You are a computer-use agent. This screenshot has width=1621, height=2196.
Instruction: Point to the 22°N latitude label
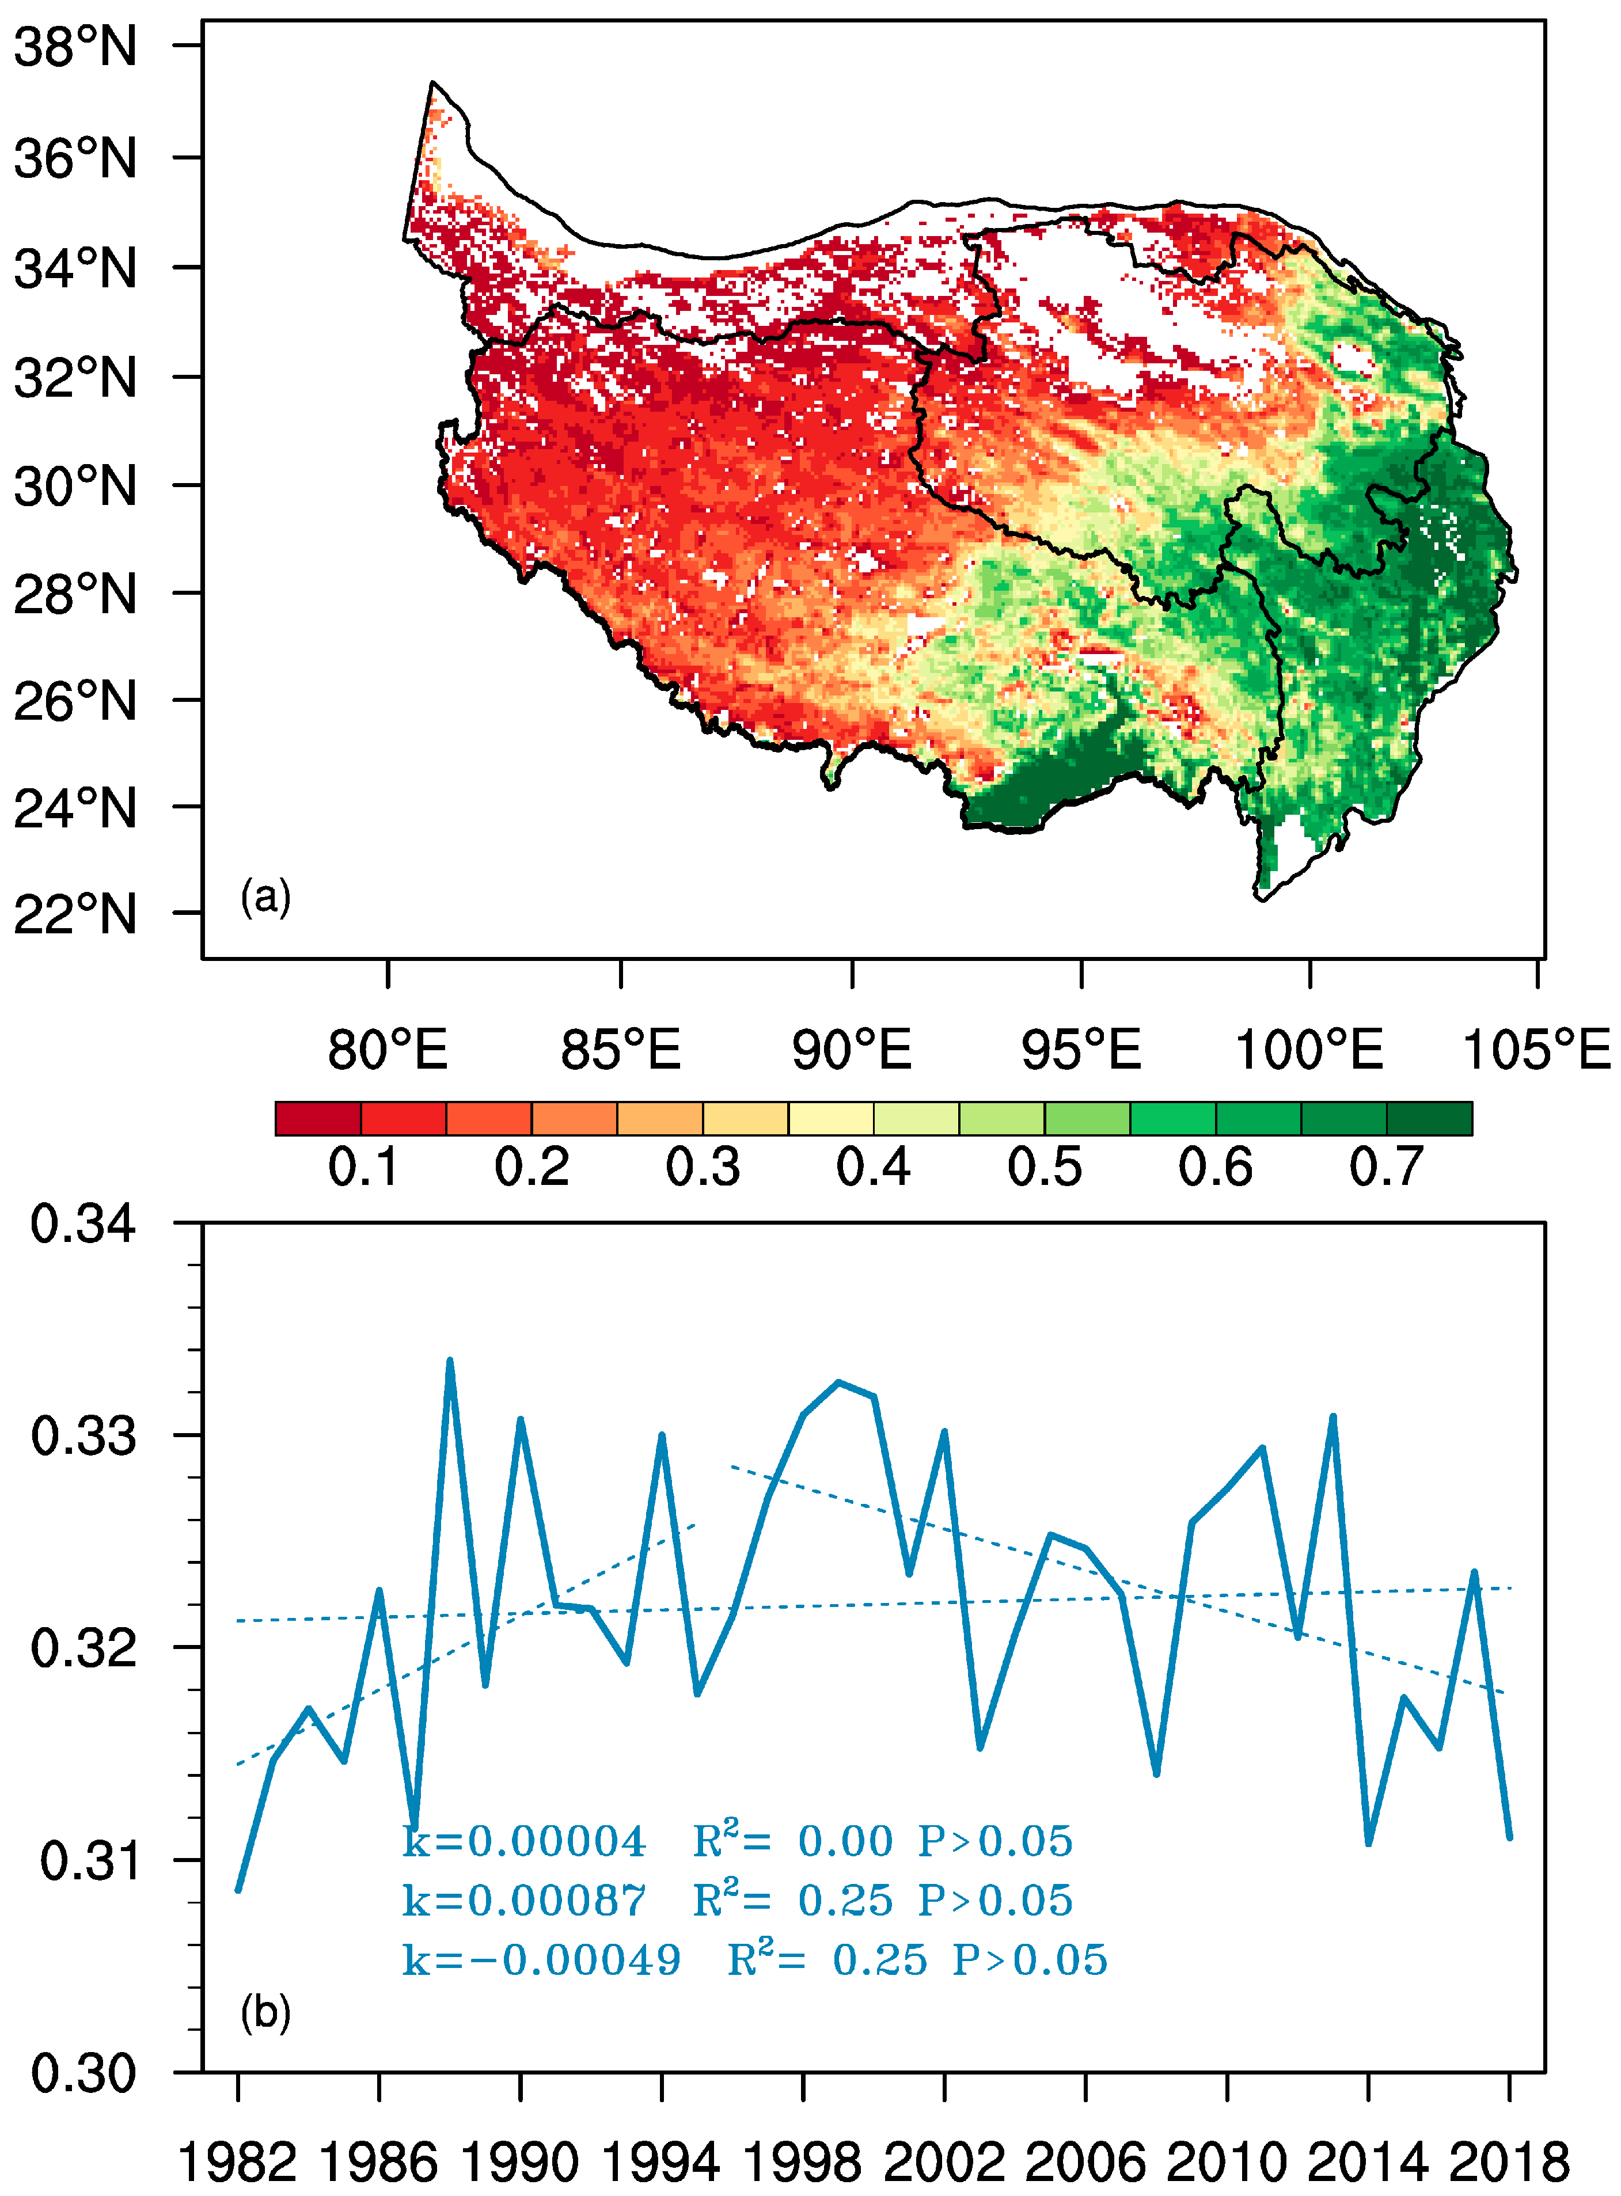75,914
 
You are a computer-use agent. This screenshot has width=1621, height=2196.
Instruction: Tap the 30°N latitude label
75,486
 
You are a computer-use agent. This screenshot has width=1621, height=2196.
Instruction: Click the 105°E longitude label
1536,1049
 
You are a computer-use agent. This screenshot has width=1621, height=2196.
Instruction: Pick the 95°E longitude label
1081,1049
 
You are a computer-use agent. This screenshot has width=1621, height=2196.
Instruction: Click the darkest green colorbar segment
1429,1119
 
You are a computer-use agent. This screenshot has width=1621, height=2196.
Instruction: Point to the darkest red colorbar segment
318,1119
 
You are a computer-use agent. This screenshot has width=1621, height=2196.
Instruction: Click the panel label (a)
266,897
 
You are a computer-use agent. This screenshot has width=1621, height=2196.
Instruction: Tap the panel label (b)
266,2012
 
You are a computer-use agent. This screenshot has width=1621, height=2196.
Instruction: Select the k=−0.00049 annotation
542,1959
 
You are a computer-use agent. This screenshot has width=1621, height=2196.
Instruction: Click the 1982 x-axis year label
237,2161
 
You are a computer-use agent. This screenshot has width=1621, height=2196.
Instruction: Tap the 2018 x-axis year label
1509,2161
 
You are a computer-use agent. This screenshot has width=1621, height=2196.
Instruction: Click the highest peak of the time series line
449,1362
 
